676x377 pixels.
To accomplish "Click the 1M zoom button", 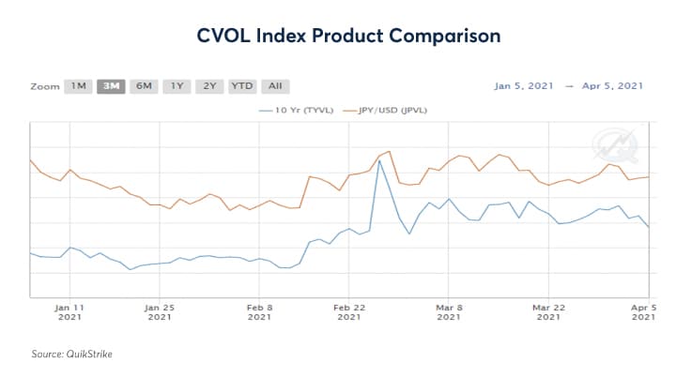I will click(x=79, y=86).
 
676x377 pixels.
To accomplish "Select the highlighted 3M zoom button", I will click(x=112, y=86).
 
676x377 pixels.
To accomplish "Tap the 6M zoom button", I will click(x=144, y=86).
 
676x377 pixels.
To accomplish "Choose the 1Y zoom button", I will click(x=176, y=86).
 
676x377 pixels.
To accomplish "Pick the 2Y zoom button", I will click(x=208, y=86).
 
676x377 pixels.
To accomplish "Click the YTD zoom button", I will click(x=242, y=86).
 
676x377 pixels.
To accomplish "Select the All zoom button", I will click(x=275, y=86).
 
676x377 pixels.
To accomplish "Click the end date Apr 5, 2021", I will click(x=611, y=86).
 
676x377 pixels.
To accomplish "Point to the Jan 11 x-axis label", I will click(x=70, y=311).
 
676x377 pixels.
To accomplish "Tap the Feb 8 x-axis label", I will click(x=259, y=311).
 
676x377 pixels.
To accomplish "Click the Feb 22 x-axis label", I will click(x=349, y=311).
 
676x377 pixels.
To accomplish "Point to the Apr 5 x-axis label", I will click(x=641, y=311).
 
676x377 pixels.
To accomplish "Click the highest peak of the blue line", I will click(x=379, y=160).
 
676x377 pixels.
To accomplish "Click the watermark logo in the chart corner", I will click(x=607, y=145).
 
